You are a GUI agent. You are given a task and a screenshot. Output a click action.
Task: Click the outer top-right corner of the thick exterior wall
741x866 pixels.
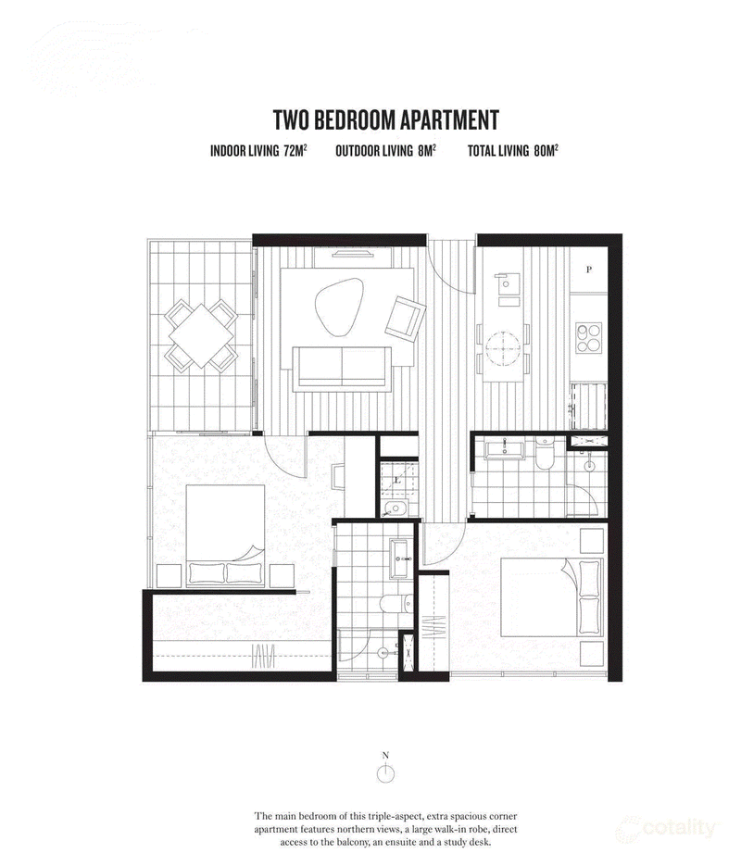[x=622, y=234]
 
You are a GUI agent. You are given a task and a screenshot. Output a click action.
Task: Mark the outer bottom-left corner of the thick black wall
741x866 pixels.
[x=143, y=681]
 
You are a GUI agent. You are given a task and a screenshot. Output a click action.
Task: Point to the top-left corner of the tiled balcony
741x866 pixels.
[x=148, y=239]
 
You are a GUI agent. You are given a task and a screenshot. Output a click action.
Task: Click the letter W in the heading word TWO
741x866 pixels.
[x=292, y=119]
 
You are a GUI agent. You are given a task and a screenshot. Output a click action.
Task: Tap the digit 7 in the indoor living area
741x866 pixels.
[x=287, y=151]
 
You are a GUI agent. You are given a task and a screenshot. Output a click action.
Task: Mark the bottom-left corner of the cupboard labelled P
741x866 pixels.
[x=570, y=293]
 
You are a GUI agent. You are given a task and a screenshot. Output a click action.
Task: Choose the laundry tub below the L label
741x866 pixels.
[x=395, y=508]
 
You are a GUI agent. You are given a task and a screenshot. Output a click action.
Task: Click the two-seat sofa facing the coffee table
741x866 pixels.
[x=342, y=368]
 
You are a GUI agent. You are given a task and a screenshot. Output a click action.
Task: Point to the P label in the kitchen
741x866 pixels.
[x=589, y=270]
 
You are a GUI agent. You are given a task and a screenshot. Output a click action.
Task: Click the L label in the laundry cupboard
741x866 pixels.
[x=397, y=480]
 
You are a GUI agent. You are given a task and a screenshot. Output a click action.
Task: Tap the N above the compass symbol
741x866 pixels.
[x=386, y=756]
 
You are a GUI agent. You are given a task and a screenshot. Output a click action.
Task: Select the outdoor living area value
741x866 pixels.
[x=427, y=150]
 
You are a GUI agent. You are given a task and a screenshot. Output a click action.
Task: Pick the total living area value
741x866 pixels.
[x=546, y=150]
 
